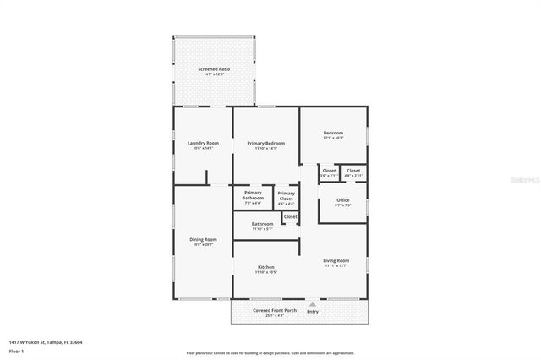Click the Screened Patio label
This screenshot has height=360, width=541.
[x=214, y=68]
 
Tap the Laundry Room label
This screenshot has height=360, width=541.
[x=203, y=143]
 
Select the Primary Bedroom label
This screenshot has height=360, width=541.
[x=266, y=143]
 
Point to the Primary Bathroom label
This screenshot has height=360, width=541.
[x=253, y=195]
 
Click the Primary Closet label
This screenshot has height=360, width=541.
[x=287, y=195]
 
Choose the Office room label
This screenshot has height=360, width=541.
[x=342, y=199]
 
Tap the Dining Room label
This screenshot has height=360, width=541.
[x=203, y=239]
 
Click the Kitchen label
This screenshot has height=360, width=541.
[x=266, y=267]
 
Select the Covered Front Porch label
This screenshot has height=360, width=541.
[x=275, y=311]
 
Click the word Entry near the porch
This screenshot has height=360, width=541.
[x=314, y=311]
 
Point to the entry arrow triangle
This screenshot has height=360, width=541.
[x=314, y=303]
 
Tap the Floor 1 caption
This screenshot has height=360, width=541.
[x=17, y=350]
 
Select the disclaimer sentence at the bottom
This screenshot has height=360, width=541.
[x=270, y=352]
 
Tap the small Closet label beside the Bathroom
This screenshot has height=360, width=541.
[x=290, y=216]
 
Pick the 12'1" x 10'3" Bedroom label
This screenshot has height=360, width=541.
[x=333, y=134]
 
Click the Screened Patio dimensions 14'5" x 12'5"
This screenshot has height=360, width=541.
[x=214, y=74]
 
